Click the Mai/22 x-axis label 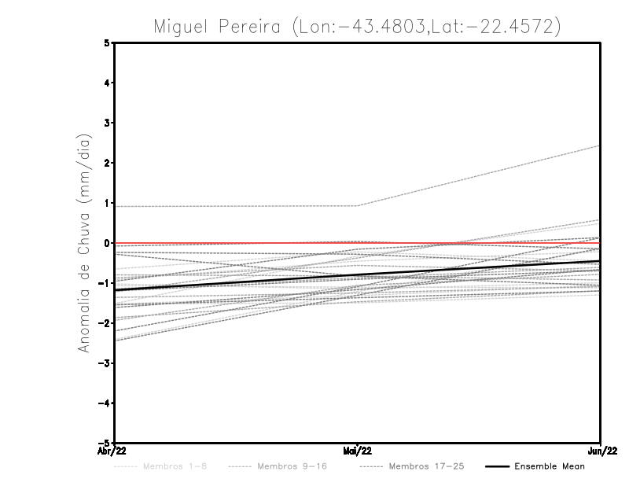(x=358, y=451)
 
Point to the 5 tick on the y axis (x=107, y=42)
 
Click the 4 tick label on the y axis (x=107, y=83)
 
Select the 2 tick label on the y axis (x=107, y=163)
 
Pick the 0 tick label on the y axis (x=107, y=243)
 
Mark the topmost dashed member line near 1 (x=236, y=206)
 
